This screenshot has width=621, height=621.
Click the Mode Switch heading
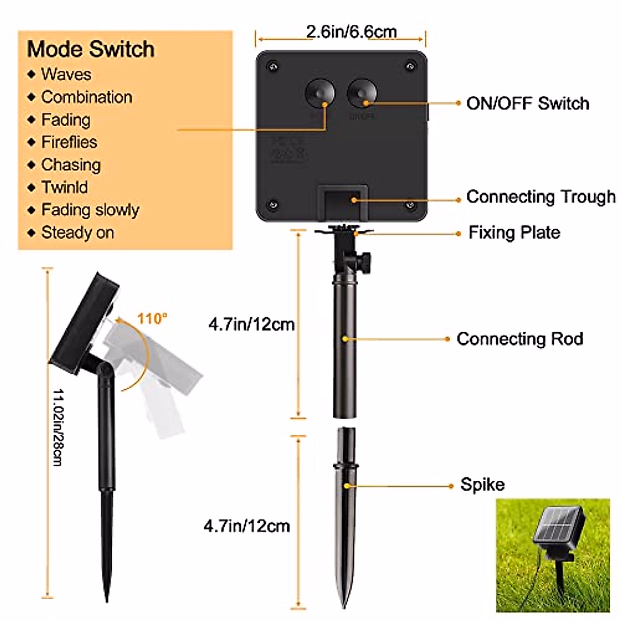tap(91, 50)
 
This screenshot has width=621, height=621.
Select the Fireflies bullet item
tap(69, 142)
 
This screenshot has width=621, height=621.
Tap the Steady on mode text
tap(78, 233)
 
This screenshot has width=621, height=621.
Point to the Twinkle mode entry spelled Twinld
tap(65, 187)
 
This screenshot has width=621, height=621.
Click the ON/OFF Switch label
tap(528, 103)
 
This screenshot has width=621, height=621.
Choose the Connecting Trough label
tap(541, 197)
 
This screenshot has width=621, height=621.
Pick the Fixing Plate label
tap(514, 232)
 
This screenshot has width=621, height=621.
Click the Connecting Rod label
tap(520, 339)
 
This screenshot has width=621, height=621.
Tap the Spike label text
tap(482, 485)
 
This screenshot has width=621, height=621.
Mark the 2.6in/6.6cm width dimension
tap(351, 32)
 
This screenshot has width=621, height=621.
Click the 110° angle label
tap(153, 318)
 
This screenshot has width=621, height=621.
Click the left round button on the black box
tap(319, 94)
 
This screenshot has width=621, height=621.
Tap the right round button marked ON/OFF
tap(362, 94)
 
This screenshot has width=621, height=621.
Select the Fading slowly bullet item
tap(90, 210)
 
